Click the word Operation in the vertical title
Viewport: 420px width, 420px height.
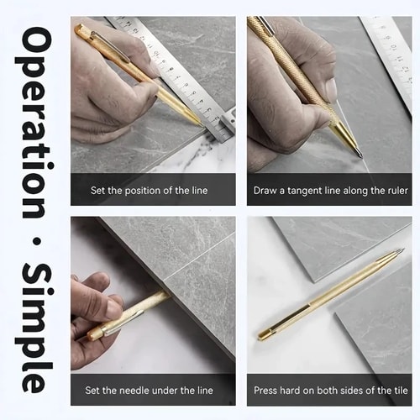tap(34, 123)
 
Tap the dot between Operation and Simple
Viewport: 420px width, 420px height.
tap(35, 240)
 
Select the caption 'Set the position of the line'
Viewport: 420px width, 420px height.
tap(149, 191)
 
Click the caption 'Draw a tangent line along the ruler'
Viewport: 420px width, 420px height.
tap(330, 191)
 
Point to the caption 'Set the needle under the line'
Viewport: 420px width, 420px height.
tap(149, 391)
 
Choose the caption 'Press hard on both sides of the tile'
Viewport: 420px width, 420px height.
tap(330, 391)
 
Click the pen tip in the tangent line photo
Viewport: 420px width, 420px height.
tap(360, 156)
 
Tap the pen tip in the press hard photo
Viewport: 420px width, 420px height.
tap(402, 249)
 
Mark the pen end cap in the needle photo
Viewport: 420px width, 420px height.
tap(95, 334)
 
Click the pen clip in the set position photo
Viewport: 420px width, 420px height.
tap(110, 45)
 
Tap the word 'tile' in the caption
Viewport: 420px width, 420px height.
tap(401, 391)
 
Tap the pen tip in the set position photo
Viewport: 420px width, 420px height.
tap(201, 123)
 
